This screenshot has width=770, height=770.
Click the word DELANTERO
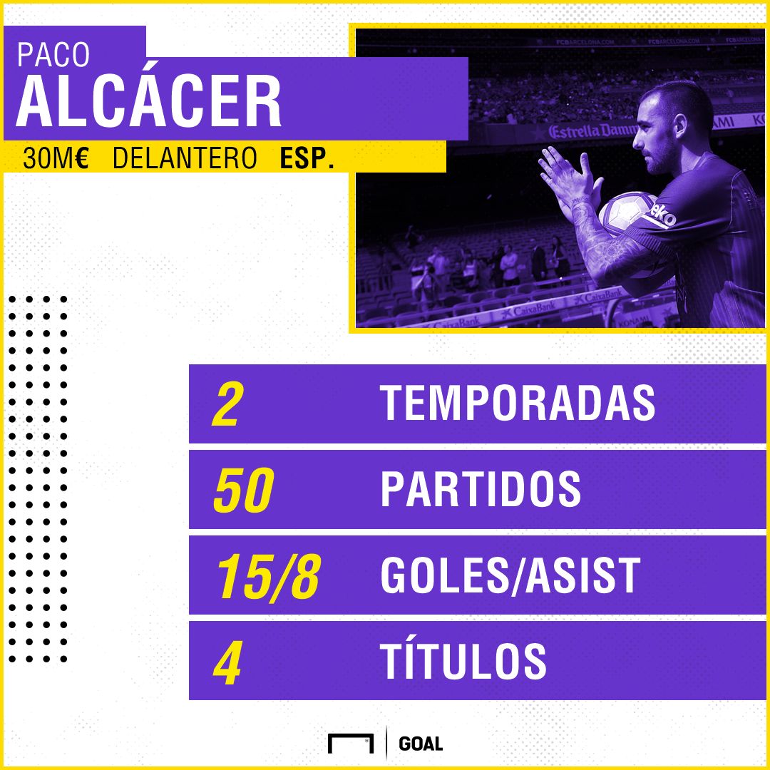[185, 158]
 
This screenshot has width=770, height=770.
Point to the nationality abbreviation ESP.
[307, 158]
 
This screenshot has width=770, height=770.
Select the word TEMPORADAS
[518, 404]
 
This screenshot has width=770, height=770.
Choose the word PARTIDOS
[481, 489]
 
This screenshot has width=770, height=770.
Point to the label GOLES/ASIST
[510, 575]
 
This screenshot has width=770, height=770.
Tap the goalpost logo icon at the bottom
[351, 743]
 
